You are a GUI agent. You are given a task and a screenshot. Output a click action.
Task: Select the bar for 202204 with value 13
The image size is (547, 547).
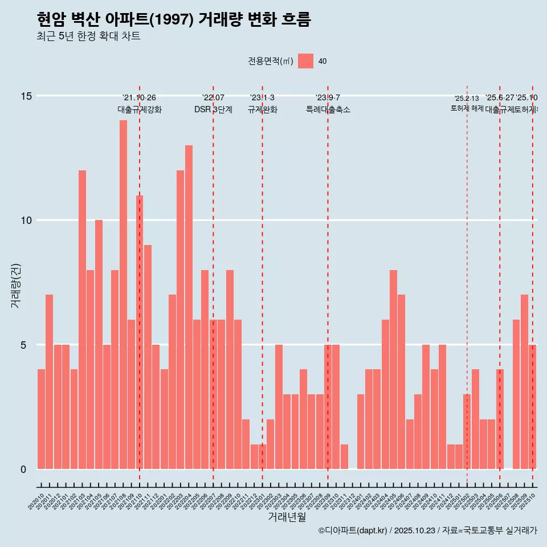pyautogui.click(x=189, y=307)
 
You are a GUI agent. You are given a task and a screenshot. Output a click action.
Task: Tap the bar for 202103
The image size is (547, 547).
pyautogui.click(x=82, y=320)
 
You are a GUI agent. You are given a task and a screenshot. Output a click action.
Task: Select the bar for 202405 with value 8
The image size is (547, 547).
pyautogui.click(x=393, y=370)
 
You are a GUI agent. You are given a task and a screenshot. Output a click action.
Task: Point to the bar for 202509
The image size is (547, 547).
pyautogui.click(x=524, y=382)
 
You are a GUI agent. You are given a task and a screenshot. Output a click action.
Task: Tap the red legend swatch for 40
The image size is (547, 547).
pyautogui.click(x=306, y=61)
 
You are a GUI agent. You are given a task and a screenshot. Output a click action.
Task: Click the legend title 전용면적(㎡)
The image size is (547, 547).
pyautogui.click(x=271, y=62)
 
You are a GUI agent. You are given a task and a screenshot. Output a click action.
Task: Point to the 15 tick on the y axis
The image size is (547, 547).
pyautogui.click(x=26, y=96)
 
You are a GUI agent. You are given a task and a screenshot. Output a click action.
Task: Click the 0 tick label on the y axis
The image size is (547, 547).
pyautogui.click(x=23, y=470)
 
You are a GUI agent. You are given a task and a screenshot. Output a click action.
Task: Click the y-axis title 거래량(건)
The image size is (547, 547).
pyautogui.click(x=15, y=285)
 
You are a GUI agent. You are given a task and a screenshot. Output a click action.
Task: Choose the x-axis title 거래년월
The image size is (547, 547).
pyautogui.click(x=287, y=517)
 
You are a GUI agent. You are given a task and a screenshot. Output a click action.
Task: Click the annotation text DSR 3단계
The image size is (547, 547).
pyautogui.click(x=213, y=110)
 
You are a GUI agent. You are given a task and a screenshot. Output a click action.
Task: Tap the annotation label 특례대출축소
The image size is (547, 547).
pyautogui.click(x=328, y=110)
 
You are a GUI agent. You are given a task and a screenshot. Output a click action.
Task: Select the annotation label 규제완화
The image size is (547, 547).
pyautogui.click(x=262, y=110)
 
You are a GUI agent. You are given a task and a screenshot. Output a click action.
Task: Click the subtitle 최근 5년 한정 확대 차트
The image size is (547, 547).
pyautogui.click(x=88, y=36)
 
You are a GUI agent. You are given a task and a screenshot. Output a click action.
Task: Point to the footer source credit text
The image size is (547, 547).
pyautogui.click(x=427, y=530)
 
